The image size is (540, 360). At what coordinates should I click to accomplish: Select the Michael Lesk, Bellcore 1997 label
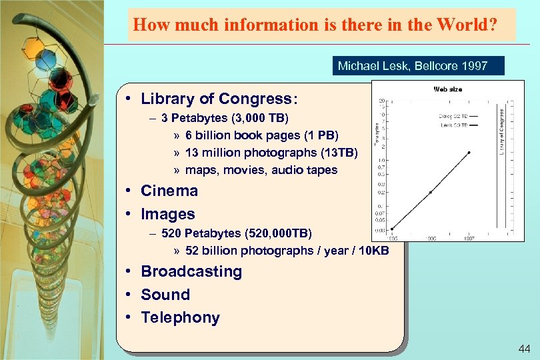[413, 66]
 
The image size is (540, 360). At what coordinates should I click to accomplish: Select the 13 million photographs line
[271, 153]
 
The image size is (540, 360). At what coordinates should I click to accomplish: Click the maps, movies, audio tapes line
[261, 170]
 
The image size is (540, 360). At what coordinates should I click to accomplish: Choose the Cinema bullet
[169, 191]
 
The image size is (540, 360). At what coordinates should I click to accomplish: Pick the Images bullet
[168, 214]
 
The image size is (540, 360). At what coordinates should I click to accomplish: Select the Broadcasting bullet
[191, 271]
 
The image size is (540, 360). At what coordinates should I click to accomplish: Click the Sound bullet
[165, 295]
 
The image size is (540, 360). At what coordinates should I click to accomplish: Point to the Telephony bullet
[180, 317]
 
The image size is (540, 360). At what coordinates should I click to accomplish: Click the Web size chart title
[447, 89]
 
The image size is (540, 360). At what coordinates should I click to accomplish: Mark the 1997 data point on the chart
[470, 152]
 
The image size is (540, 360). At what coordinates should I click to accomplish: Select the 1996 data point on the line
[431, 192]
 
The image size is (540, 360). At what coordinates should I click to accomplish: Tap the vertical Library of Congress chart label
[502, 134]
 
